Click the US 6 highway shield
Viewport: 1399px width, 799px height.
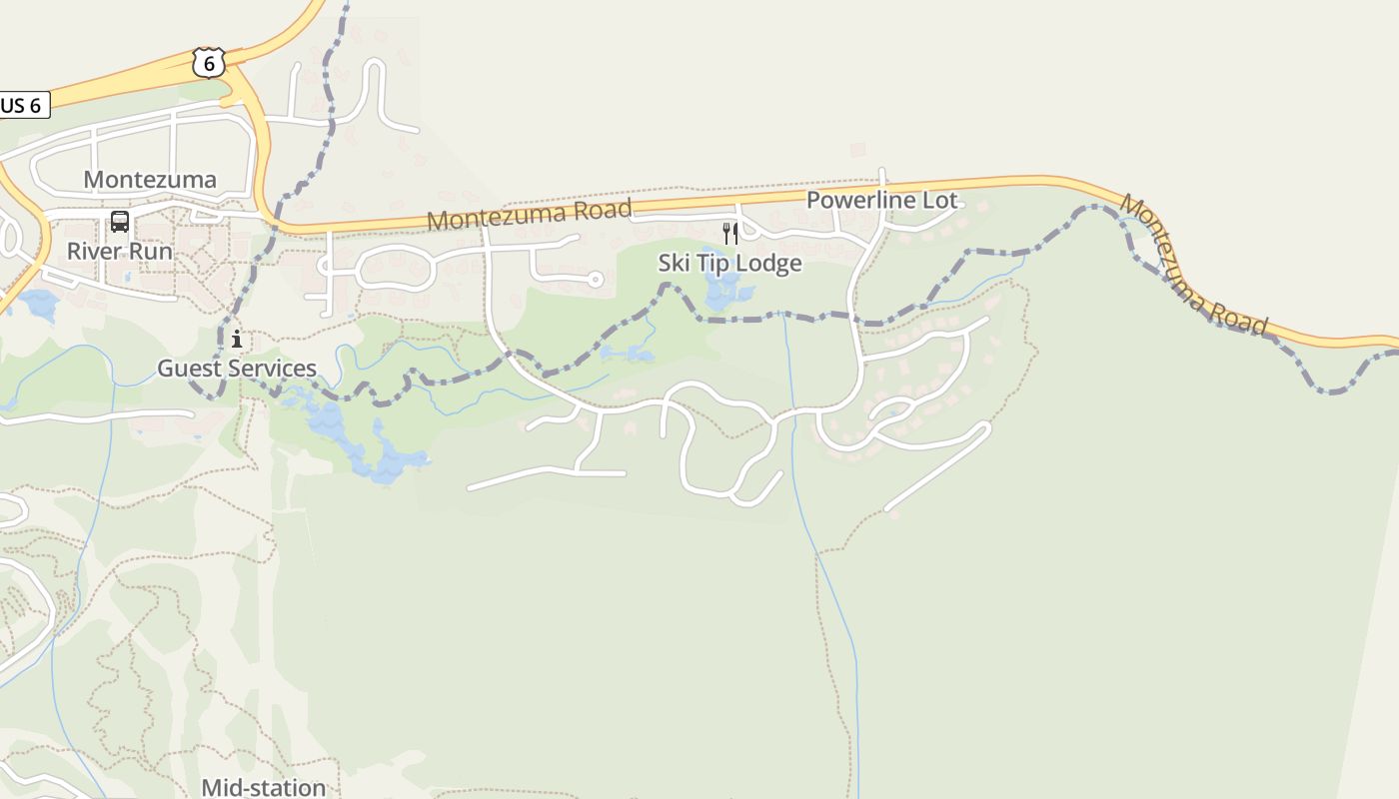click(208, 62)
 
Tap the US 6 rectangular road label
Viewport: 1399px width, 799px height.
click(22, 105)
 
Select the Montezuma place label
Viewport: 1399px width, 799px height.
click(150, 180)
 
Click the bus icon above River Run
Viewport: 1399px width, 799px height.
click(120, 222)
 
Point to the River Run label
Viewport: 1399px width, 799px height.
click(120, 251)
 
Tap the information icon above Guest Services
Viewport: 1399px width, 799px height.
click(237, 339)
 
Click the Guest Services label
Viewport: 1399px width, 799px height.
click(237, 369)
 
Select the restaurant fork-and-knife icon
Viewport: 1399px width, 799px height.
click(730, 234)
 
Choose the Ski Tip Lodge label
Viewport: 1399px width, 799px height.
click(729, 264)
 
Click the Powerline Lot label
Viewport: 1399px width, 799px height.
click(881, 200)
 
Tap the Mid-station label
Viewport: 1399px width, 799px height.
click(264, 787)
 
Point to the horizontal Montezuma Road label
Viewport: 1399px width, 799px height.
click(530, 214)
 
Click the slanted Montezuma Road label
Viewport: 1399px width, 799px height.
click(1193, 265)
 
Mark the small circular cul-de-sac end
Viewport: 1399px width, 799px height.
click(596, 280)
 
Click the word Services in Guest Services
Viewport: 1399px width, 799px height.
click(273, 369)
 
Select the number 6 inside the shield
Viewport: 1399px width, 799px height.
click(208, 63)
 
